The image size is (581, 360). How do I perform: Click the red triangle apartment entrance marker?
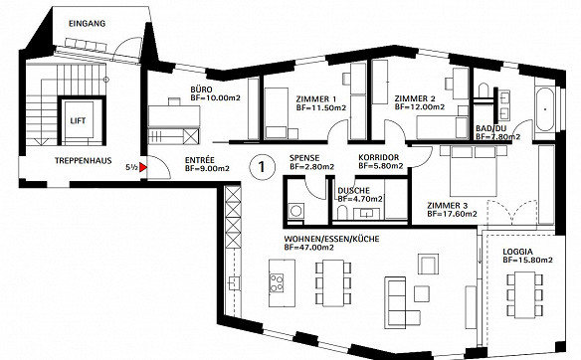tap(143, 168)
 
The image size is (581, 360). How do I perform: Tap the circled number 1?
tap(262, 167)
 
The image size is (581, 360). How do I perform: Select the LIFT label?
tap(78, 120)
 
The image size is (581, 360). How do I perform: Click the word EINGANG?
tap(88, 23)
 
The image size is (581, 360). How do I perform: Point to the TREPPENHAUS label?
tap(84, 161)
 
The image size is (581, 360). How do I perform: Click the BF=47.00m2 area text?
tap(308, 247)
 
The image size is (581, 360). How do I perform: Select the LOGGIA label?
tap(517, 252)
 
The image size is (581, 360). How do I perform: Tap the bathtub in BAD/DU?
tap(545, 109)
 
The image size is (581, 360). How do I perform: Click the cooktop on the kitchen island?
tap(277, 282)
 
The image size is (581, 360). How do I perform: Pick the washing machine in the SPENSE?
tap(295, 211)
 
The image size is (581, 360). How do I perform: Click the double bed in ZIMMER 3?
tap(474, 170)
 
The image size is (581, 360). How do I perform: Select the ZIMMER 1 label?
tap(316, 98)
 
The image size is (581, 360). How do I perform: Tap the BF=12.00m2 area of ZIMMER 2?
tap(420, 106)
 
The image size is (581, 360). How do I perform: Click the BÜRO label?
tap(202, 90)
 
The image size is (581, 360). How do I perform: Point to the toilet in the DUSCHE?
tap(342, 213)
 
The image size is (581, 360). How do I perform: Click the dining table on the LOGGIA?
tap(524, 294)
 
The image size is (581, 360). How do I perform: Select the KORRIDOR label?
tap(379, 158)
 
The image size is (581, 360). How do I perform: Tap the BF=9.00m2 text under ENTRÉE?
tap(207, 168)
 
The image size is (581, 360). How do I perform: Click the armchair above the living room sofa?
tap(428, 264)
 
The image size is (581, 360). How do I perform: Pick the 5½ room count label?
tap(131, 167)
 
